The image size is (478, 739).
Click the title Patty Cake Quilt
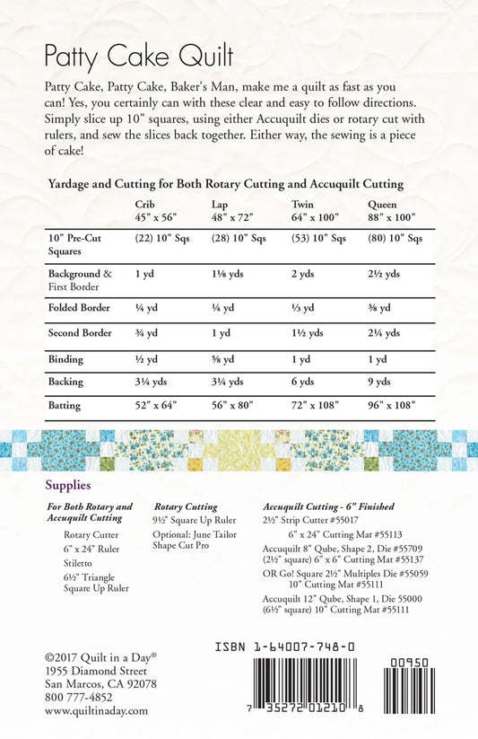click(x=138, y=57)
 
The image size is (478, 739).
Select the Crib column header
click(x=145, y=204)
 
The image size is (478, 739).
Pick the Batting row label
click(x=64, y=405)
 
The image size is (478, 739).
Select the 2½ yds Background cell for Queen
click(x=384, y=274)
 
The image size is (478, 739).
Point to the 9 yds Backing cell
click(x=380, y=382)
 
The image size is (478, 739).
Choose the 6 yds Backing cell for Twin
click(x=306, y=382)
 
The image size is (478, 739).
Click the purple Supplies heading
click(x=67, y=485)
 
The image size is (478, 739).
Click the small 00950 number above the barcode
click(x=410, y=663)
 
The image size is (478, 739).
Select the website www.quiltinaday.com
click(x=96, y=710)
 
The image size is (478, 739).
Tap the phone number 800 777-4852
click(x=79, y=697)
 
